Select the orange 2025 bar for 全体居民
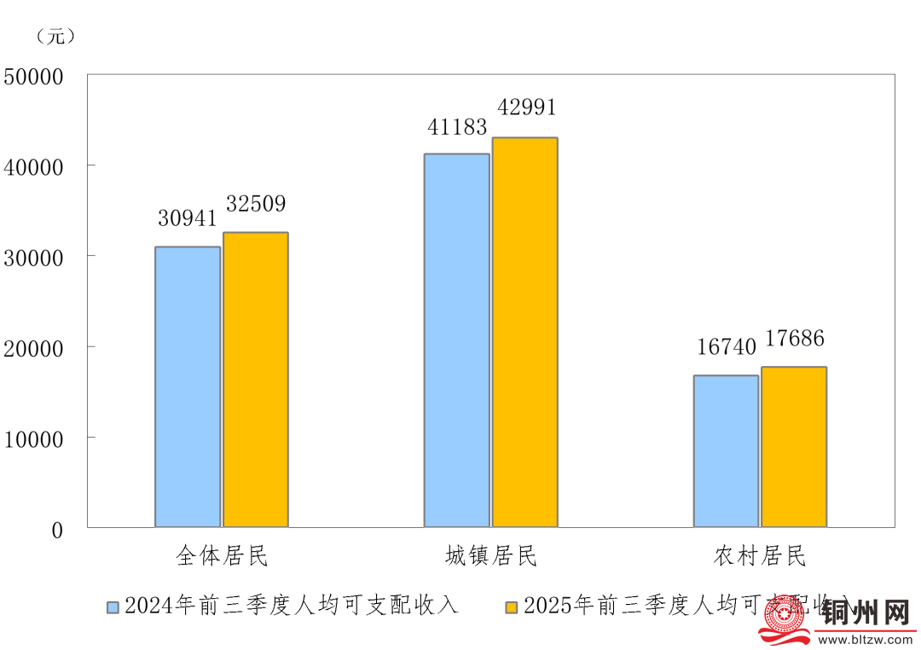tap(256, 380)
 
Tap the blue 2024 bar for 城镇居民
tap(457, 340)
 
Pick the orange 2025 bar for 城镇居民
tap(525, 332)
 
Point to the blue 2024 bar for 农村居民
tap(726, 451)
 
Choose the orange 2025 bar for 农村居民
tap(794, 447)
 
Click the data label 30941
tap(188, 218)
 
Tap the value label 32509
tap(256, 205)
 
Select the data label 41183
tap(457, 127)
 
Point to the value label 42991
tap(526, 107)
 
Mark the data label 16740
tap(727, 347)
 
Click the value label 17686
tap(795, 339)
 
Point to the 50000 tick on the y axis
tap(34, 77)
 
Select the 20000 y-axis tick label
tap(34, 349)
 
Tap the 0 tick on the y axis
tap(57, 531)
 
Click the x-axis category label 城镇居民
tap(491, 557)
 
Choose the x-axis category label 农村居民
tap(760, 557)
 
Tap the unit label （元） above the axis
tap(56, 37)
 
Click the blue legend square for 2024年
tap(113, 607)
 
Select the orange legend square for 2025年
tap(512, 607)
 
